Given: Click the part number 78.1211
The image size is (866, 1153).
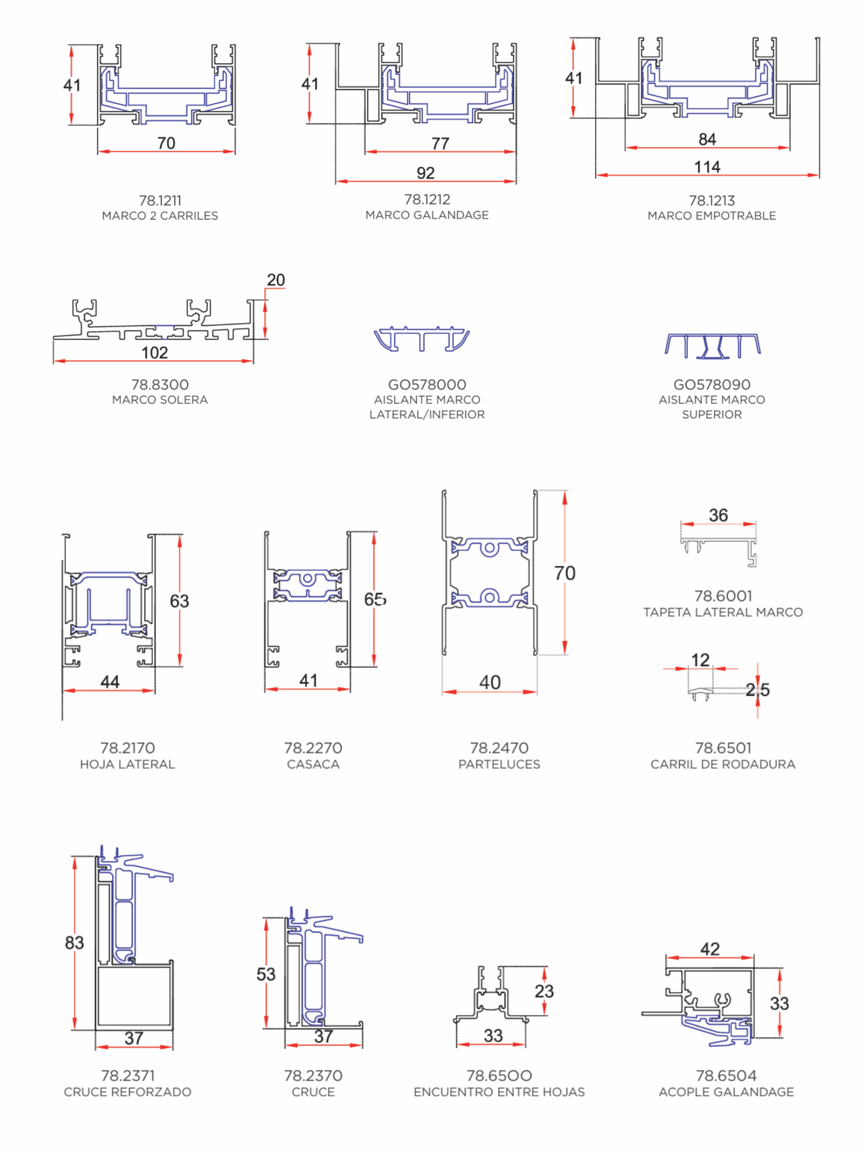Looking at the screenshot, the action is click(x=160, y=201).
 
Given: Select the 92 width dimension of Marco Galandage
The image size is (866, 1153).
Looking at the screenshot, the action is click(x=426, y=173).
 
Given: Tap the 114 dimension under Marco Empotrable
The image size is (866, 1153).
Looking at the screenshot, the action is click(x=707, y=168).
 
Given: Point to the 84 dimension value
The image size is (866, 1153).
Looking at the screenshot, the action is click(x=707, y=139).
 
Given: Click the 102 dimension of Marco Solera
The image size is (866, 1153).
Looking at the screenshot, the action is click(x=155, y=353).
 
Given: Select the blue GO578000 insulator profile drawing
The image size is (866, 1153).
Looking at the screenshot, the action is click(x=422, y=339).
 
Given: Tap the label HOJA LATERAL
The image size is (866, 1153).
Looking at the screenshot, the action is click(x=128, y=764).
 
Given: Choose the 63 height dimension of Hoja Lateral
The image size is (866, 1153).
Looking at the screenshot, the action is click(x=179, y=601).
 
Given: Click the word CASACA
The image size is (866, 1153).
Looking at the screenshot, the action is click(x=313, y=764).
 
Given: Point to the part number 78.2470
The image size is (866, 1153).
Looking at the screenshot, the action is click(x=499, y=748).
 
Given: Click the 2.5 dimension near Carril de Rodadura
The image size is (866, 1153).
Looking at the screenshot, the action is click(x=757, y=690).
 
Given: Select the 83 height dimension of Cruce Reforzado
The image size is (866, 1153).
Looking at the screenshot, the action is click(x=75, y=942).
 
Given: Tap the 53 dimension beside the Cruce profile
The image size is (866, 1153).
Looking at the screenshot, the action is click(x=266, y=974).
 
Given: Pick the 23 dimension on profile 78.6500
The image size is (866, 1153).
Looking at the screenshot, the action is click(x=544, y=991).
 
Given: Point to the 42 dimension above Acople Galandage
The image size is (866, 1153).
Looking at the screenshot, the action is click(x=710, y=949).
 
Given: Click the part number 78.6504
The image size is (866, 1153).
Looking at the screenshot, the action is click(x=726, y=1076).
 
